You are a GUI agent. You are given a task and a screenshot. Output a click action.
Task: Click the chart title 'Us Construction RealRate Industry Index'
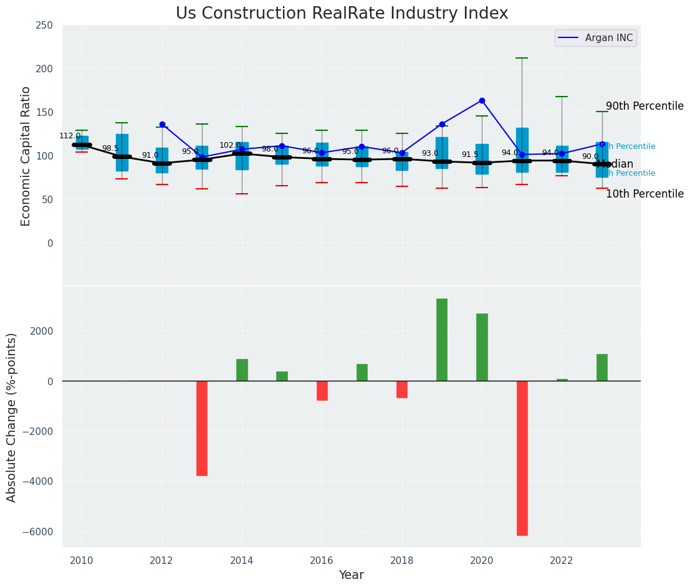342,14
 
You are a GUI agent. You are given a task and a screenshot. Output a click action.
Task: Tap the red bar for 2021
522,458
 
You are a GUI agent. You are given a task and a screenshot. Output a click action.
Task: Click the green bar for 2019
442,340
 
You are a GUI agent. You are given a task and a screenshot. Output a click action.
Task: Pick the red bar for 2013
202,428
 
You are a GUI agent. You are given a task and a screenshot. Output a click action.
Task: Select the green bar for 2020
482,347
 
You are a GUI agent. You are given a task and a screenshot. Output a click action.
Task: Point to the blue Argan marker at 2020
482,100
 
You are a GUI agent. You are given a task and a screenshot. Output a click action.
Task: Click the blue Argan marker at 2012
162,124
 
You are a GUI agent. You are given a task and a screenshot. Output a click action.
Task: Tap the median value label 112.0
70,136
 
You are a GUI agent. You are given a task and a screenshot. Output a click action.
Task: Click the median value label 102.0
230,145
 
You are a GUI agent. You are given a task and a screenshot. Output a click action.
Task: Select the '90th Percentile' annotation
644,106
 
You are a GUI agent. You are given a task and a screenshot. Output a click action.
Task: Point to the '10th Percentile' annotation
644,194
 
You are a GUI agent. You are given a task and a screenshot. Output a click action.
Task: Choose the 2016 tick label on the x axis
322,561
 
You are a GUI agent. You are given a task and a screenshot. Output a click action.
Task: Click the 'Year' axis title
352,575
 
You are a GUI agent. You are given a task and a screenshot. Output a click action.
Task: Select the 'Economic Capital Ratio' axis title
26,156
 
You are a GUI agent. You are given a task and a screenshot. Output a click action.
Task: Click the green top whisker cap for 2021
522,58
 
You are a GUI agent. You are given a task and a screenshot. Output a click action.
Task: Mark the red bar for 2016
322,391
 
